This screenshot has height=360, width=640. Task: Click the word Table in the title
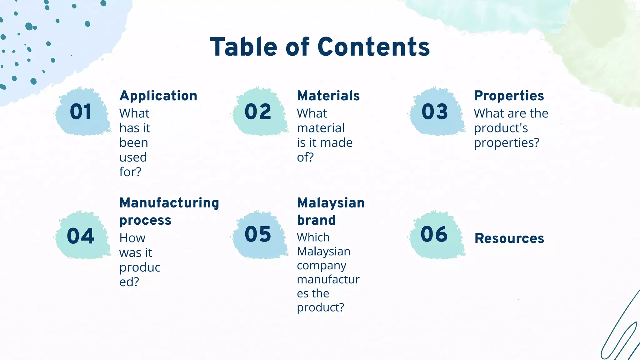243,47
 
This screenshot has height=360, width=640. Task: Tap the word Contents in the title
374,47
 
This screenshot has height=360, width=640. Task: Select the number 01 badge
81,112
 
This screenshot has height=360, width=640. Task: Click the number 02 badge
258,112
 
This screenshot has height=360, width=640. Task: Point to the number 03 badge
435,112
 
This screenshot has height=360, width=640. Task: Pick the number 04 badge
81,236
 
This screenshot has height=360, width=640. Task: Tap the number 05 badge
258,234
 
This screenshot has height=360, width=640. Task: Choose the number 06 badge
434,234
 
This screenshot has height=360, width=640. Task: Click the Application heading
158,96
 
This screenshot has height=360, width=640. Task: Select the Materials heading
328,96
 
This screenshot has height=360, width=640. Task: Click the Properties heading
509,96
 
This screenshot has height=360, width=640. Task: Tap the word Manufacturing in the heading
169,203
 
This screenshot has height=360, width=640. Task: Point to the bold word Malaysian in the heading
331,203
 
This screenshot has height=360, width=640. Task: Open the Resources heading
509,238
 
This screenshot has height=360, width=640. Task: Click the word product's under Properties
501,128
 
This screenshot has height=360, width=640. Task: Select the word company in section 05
322,266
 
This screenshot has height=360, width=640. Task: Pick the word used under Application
133,157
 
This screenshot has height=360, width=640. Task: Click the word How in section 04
132,238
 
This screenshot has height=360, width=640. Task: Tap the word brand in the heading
316,220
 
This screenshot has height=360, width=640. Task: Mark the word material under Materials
321,128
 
